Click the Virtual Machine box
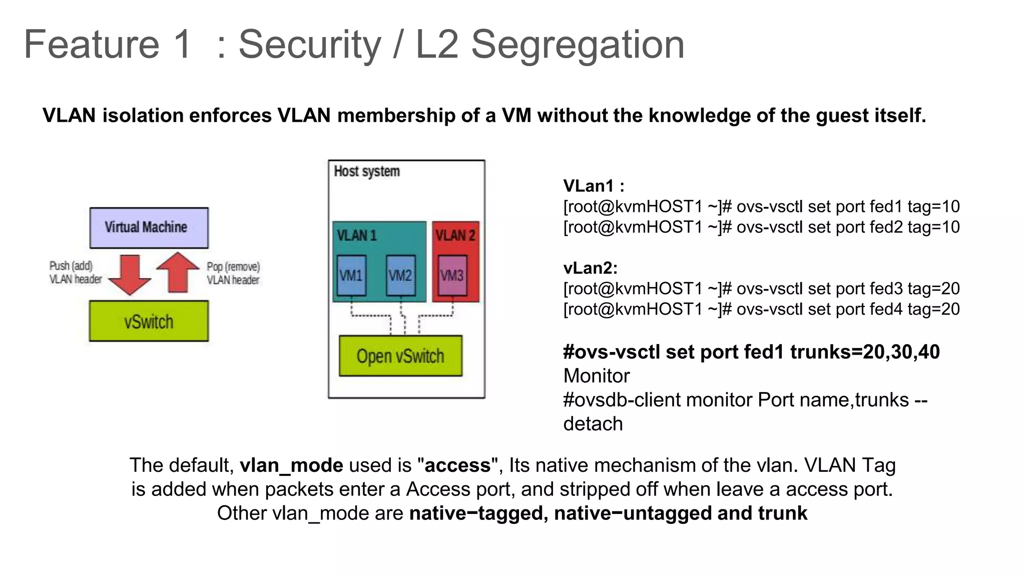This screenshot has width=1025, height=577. coord(149,228)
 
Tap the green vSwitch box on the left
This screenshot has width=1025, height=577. coord(149,321)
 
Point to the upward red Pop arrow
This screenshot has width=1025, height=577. coord(178,272)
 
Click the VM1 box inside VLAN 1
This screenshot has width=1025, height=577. coord(351,275)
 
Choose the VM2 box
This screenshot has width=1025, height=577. coord(400,275)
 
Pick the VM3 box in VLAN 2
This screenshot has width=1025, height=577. coord(452,275)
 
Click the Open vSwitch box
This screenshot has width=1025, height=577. coord(400,356)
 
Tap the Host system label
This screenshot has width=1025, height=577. coord(367,171)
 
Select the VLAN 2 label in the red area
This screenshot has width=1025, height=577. coord(455,235)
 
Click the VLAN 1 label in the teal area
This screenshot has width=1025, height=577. coord(356,235)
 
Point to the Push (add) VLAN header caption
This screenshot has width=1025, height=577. coord(75,272)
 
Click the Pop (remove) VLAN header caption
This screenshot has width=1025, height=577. coord(233,273)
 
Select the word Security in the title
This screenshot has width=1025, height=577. coord(309,45)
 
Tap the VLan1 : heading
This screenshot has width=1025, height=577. coord(594,186)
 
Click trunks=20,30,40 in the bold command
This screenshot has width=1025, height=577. coord(865,352)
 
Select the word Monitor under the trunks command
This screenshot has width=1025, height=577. coord(596,376)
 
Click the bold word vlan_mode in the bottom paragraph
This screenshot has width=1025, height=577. coord(291,465)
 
